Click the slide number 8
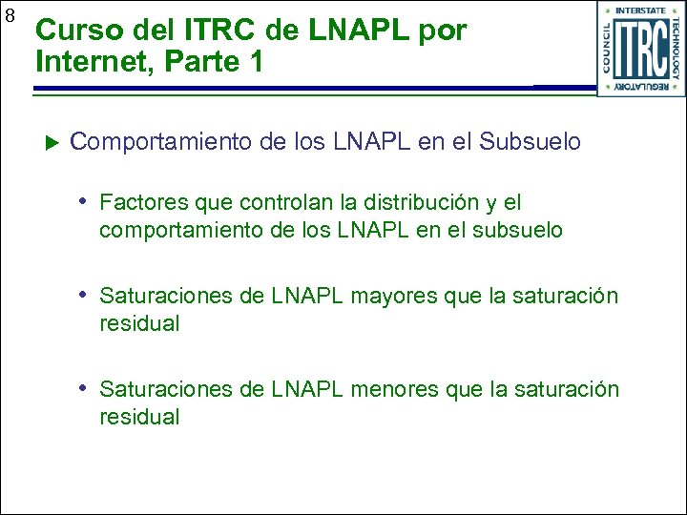pyautogui.click(x=10, y=16)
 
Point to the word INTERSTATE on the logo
pyautogui.click(x=640, y=11)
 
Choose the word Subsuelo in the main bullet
pyautogui.click(x=530, y=142)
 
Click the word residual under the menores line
pyautogui.click(x=139, y=417)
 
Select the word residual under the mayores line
pyautogui.click(x=139, y=323)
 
